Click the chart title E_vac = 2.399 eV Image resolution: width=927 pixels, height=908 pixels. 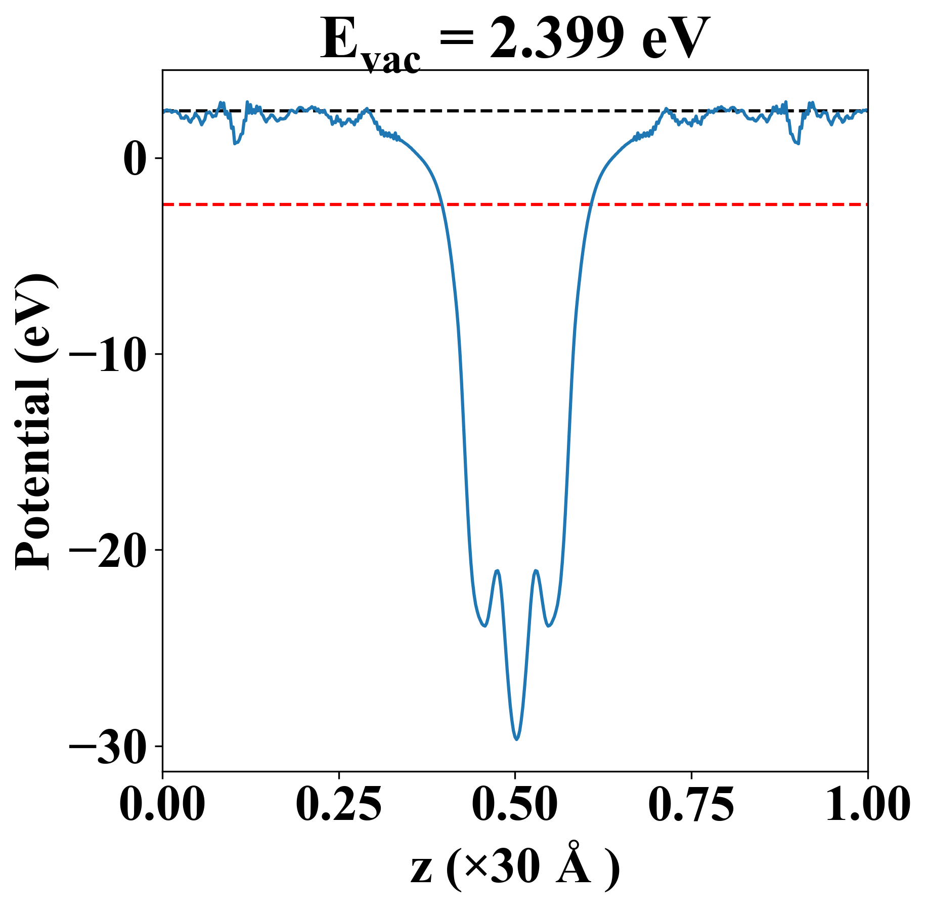515,40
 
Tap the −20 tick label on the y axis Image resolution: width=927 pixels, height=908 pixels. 109,551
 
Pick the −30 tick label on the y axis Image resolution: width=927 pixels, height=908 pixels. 109,747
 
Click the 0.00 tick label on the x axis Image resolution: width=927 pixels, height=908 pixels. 162,804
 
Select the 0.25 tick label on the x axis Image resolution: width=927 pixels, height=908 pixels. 338,804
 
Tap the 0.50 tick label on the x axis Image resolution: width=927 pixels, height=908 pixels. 515,804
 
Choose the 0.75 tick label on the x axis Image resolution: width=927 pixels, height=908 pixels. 691,804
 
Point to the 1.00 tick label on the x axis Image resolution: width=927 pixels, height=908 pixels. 867,804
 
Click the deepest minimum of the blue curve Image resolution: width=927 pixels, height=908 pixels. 516,739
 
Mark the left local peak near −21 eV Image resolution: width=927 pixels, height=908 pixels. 498,571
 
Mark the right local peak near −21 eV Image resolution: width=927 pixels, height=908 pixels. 536,571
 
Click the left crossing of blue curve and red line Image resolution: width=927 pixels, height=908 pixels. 442,204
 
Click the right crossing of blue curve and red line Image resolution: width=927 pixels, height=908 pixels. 590,204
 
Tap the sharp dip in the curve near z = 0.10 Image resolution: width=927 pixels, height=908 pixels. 235,144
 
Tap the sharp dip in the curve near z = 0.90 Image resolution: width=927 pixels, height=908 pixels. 798,144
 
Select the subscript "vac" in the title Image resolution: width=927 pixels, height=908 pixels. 391,62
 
